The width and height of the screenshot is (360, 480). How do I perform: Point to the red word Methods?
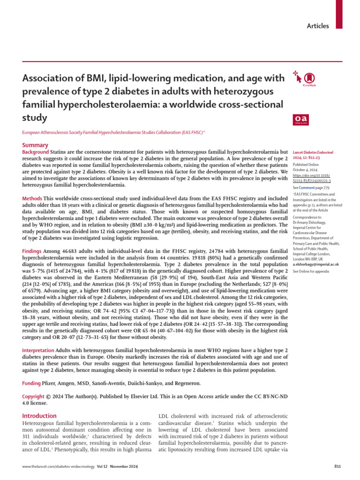32,199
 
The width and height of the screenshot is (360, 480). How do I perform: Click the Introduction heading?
39,415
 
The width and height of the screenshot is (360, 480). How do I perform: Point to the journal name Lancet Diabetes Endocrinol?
313,153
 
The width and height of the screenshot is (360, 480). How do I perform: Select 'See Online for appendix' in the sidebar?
311,271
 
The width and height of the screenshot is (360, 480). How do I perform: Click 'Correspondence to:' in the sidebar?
307,217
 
